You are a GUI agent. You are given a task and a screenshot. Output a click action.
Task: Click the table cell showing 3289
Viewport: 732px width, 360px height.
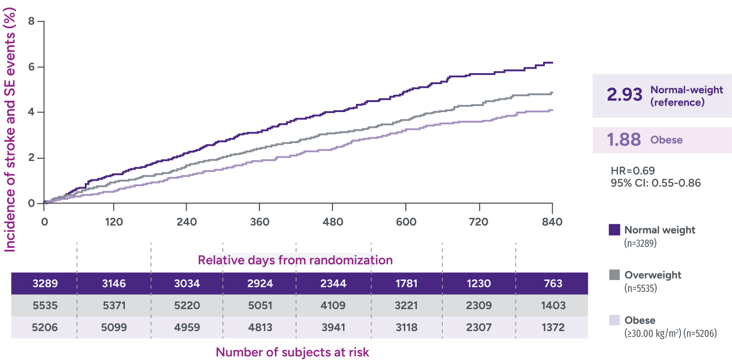coord(45,284)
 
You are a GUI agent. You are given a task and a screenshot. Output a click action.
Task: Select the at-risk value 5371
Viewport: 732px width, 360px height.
coord(114,306)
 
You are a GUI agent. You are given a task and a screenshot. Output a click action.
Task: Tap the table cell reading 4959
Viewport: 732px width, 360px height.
coord(187,328)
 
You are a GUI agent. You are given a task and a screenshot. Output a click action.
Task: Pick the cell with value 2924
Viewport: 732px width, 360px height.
coord(260,284)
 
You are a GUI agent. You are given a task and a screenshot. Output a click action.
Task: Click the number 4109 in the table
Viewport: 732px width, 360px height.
coord(333,306)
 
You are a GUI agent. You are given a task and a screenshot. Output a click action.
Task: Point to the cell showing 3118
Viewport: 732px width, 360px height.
coord(406,328)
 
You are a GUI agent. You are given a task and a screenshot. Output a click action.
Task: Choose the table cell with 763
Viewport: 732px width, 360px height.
coord(553,284)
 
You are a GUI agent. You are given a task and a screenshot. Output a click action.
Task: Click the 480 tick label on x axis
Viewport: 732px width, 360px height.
coord(333,222)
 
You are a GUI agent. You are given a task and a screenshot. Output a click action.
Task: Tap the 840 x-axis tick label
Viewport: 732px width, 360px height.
coord(552,222)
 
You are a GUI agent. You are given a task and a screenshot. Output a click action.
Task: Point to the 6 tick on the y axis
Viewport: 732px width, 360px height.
coord(31,67)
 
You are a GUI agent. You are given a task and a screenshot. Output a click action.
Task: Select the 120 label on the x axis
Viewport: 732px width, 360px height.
coord(113,222)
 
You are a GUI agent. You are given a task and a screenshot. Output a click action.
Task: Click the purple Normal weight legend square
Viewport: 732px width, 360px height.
coord(614,230)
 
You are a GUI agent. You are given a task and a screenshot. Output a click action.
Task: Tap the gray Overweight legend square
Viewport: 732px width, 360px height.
coord(614,275)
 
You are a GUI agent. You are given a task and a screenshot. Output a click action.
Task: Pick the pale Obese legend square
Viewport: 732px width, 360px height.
coord(614,320)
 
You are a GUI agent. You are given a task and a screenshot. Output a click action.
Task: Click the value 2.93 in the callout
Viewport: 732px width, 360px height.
coord(624,95)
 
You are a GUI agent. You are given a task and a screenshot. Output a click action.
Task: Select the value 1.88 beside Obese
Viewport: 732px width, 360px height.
coord(624,140)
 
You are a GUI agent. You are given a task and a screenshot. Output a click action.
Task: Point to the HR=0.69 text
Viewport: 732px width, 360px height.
coord(633,171)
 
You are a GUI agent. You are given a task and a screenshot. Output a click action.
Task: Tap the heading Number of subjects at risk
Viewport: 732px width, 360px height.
coord(292,352)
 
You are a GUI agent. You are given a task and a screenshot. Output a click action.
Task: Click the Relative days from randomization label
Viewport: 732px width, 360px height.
coord(295,260)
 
